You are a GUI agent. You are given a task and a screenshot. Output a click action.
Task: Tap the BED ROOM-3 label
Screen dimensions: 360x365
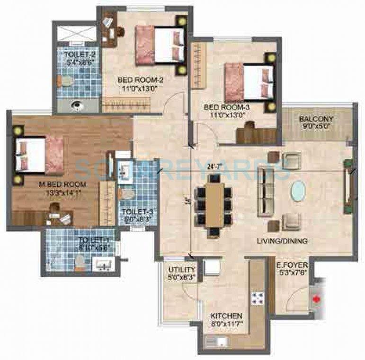226,107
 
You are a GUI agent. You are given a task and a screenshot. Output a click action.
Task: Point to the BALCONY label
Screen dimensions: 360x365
316,119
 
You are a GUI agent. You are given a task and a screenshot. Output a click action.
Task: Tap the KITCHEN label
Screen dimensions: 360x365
227,316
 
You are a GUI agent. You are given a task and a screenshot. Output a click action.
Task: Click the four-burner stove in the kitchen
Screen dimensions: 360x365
258,298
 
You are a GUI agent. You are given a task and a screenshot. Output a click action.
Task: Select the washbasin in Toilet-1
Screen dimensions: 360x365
103,263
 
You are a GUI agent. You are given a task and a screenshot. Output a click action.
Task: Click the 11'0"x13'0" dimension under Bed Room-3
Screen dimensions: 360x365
226,114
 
